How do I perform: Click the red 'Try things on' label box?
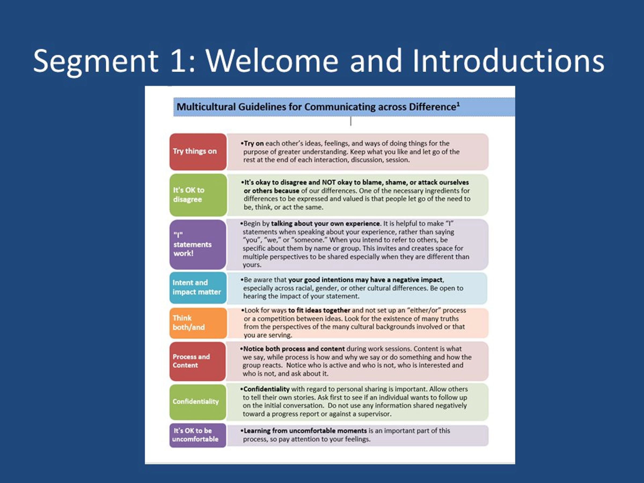[198, 152]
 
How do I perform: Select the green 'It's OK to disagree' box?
[198, 195]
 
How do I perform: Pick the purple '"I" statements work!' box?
[198, 244]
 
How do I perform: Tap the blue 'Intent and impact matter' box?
[198, 288]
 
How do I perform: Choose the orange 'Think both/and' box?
[198, 323]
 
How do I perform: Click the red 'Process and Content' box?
[198, 361]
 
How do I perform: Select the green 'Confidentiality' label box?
[198, 402]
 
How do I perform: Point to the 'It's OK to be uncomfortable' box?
[198, 435]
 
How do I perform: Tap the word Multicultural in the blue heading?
[206, 107]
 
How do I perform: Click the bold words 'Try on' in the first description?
[254, 144]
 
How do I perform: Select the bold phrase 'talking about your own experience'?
[325, 224]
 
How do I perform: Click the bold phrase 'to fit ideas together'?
[319, 310]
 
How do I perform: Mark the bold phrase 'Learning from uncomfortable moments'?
[305, 431]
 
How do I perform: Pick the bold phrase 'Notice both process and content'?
[294, 349]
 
